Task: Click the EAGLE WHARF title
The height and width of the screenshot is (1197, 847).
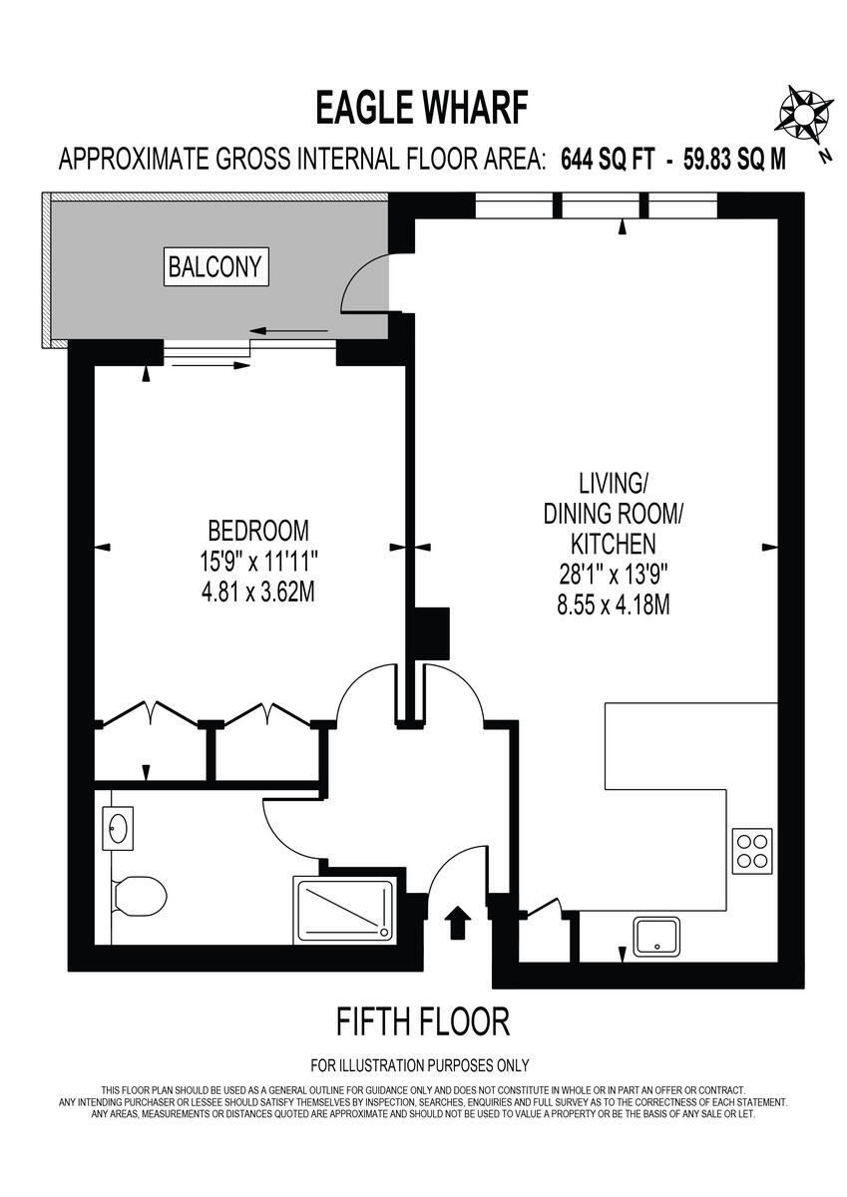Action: tap(421, 107)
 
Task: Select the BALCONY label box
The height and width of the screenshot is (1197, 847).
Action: tap(216, 267)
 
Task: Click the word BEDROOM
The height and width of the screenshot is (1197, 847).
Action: tap(257, 529)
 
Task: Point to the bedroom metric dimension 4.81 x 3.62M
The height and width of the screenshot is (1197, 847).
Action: tap(257, 593)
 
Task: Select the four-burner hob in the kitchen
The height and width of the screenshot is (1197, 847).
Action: tap(751, 850)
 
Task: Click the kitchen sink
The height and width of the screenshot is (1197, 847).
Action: tap(657, 936)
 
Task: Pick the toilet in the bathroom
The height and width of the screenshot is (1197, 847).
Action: tap(137, 894)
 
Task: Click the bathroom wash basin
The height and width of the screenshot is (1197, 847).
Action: tap(120, 827)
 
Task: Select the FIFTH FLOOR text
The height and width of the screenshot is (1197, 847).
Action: tap(423, 1021)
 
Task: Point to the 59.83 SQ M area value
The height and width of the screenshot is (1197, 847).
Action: tap(734, 159)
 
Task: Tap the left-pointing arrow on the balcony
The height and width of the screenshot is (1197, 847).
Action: tap(288, 331)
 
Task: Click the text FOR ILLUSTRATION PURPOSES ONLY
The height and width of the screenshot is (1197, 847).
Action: tap(421, 1065)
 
